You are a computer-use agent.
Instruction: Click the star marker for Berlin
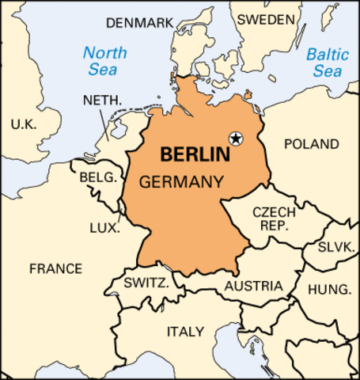[x=236, y=139]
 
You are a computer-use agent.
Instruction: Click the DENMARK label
[x=138, y=23]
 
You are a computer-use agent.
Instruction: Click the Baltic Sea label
[x=328, y=63]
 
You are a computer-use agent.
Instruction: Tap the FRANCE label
[x=55, y=268]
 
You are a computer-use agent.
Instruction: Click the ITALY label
[x=184, y=331]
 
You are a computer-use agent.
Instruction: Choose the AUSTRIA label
[x=253, y=286]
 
